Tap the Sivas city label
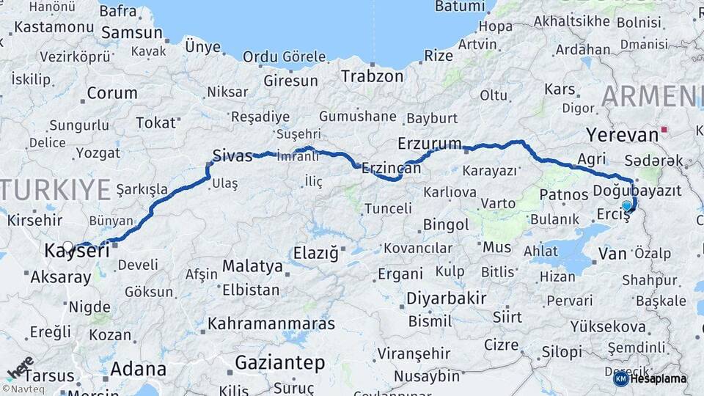click(x=232, y=155)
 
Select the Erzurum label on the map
click(x=430, y=142)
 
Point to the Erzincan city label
click(x=392, y=168)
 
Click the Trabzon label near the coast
click(x=372, y=76)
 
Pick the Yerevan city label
click(x=622, y=135)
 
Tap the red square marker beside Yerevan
click(x=664, y=130)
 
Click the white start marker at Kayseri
click(x=68, y=246)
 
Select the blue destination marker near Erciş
click(x=626, y=206)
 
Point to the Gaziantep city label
click(x=279, y=362)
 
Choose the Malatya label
click(x=252, y=265)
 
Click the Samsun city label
click(x=132, y=32)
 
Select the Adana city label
click(x=139, y=369)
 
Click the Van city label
click(x=612, y=254)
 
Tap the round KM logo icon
click(x=620, y=378)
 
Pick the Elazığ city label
click(x=315, y=254)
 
